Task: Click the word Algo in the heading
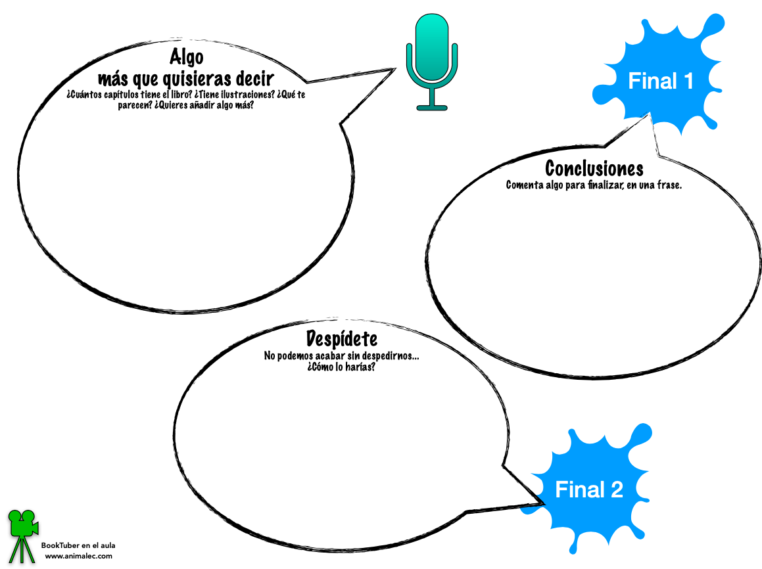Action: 186,57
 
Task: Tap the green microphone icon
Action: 431,53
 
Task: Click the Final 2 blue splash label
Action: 588,489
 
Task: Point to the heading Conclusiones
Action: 594,169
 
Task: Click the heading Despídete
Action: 342,339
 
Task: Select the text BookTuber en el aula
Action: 78,545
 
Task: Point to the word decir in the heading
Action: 254,80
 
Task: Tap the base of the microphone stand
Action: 431,106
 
